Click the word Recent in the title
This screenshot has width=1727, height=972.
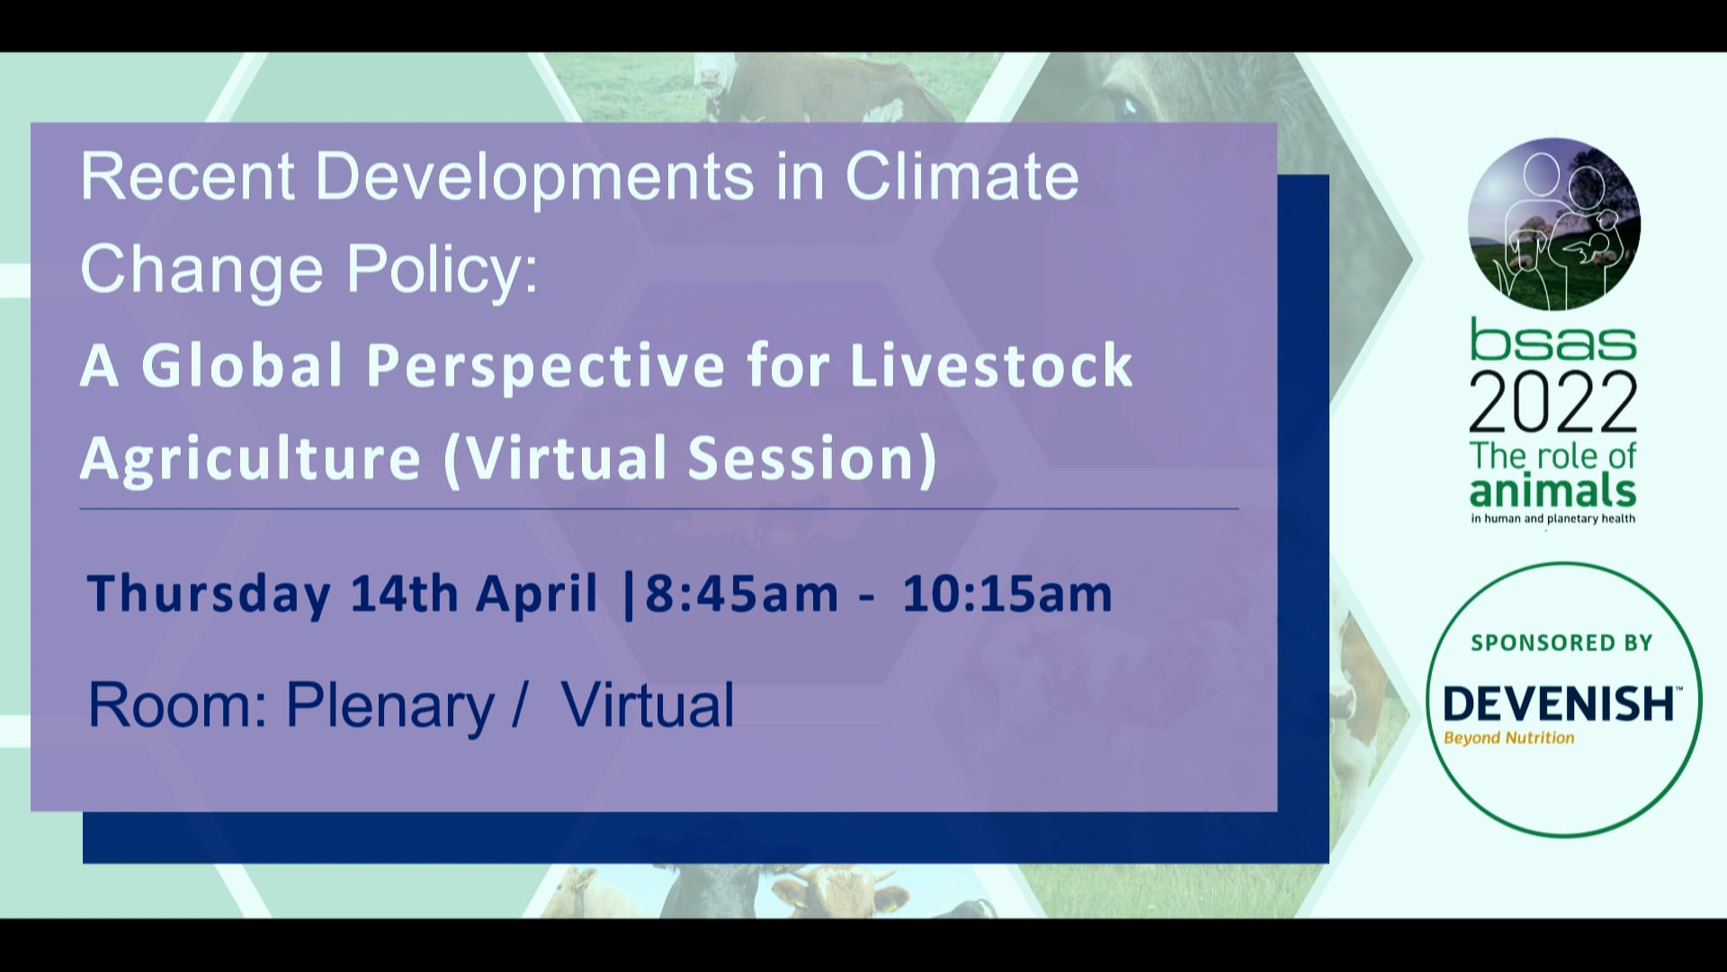(187, 176)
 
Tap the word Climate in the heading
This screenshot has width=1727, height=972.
(962, 176)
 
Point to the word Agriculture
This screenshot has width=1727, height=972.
(251, 458)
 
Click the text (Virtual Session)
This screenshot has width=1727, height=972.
(690, 458)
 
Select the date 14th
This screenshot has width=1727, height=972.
(404, 594)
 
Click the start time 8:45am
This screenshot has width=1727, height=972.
(742, 594)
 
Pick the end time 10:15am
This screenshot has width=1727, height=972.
(1007, 594)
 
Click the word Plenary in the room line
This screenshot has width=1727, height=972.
(390, 705)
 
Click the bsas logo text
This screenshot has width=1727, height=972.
(1553, 340)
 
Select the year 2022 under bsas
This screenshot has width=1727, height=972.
(1553, 402)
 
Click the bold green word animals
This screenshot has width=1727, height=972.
(1553, 491)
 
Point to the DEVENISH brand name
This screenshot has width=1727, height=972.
(1558, 703)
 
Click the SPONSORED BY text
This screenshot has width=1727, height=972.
(1561, 643)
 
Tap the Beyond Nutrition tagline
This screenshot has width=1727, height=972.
(1508, 738)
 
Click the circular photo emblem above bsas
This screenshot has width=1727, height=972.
(1553, 224)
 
